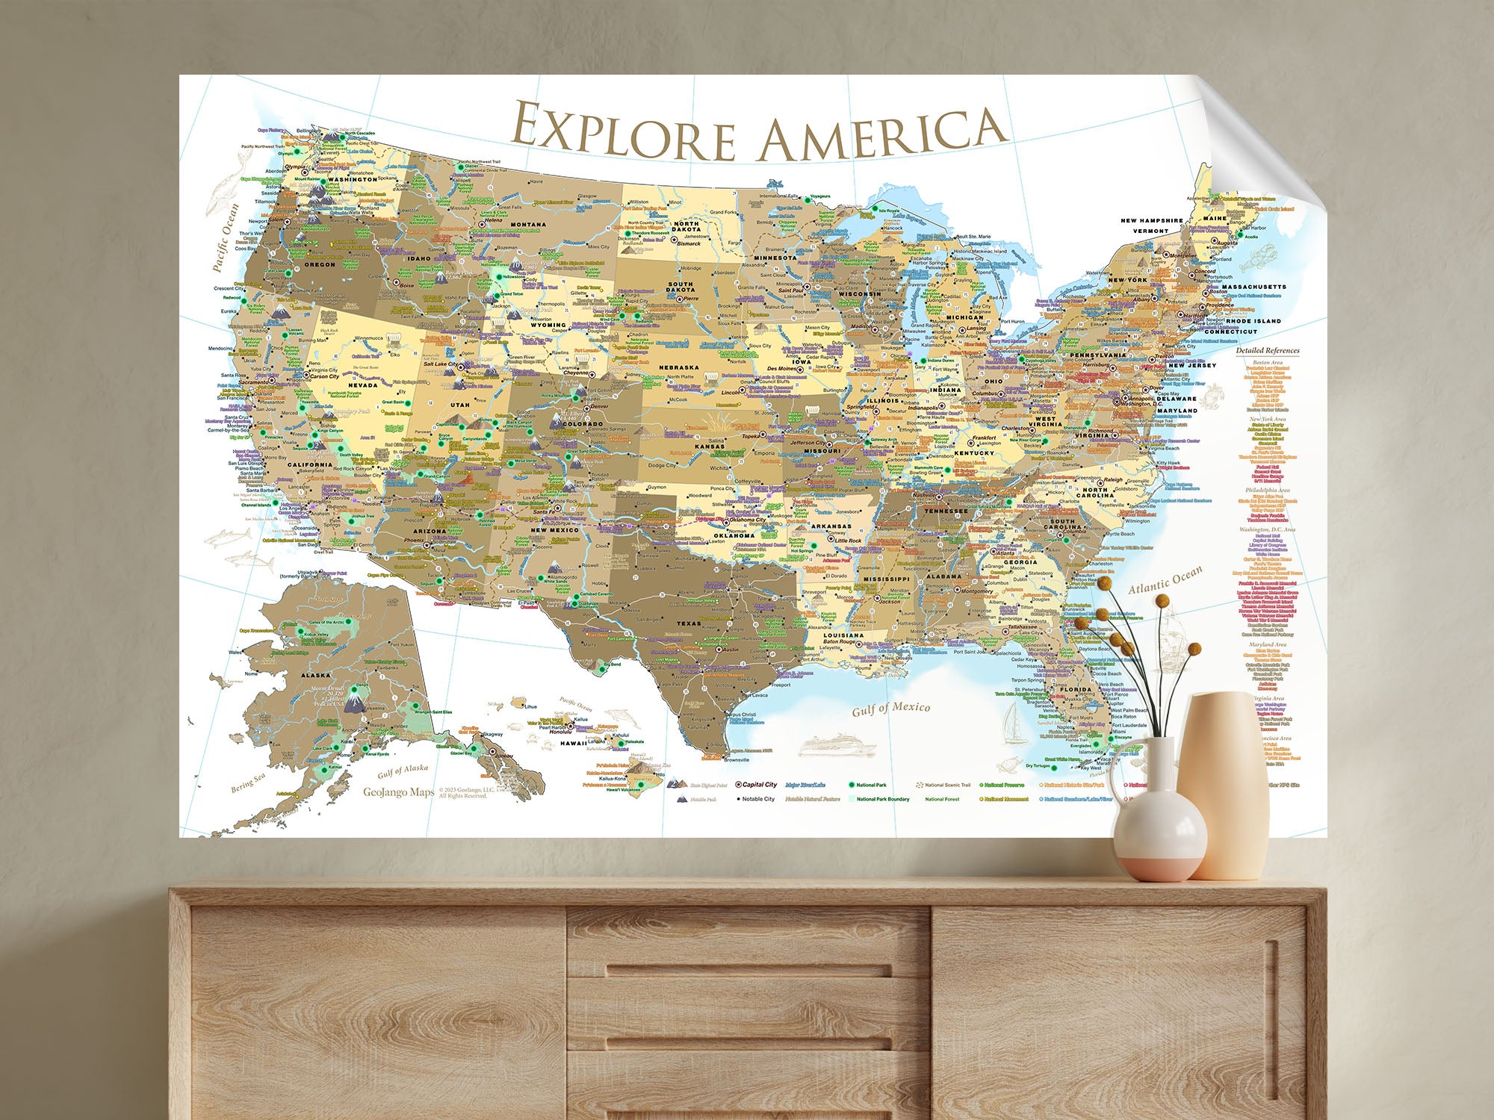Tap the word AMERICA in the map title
point(881,136)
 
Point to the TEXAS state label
point(689,623)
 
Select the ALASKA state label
point(315,674)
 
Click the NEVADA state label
point(363,385)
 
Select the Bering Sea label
point(247,783)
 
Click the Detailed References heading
point(1267,350)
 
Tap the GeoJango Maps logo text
point(398,793)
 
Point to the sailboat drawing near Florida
point(1014,724)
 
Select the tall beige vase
point(1215,784)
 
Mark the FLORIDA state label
point(1076,689)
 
